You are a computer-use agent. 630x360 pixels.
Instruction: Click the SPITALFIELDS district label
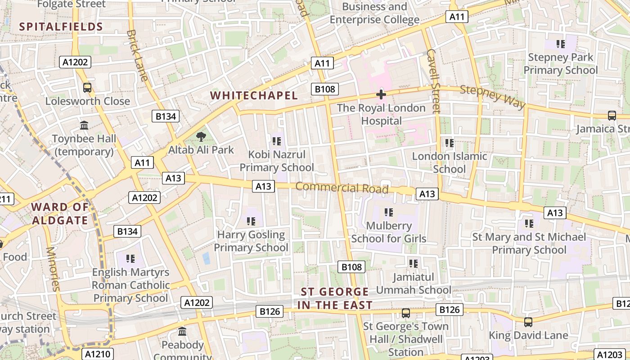[61, 27]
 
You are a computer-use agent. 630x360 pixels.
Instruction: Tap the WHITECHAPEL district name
[254, 95]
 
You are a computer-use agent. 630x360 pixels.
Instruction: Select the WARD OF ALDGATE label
[60, 214]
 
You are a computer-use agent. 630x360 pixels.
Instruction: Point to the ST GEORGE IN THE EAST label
[335, 298]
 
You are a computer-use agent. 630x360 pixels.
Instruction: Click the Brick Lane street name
[137, 55]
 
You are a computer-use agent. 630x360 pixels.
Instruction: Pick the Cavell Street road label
[433, 81]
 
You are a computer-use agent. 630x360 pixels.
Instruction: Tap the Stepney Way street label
[492, 97]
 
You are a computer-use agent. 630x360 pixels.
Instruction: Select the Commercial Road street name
[342, 188]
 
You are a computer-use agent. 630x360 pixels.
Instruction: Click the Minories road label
[53, 269]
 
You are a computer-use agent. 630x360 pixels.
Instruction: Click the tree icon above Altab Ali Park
[201, 136]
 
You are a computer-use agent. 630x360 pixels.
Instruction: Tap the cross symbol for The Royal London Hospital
[381, 94]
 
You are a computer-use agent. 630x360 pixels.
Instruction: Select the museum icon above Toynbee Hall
[84, 125]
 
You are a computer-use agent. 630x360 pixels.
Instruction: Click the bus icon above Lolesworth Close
[87, 88]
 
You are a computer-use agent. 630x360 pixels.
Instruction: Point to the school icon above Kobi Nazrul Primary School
[276, 141]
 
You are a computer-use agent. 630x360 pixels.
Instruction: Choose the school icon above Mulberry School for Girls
[389, 212]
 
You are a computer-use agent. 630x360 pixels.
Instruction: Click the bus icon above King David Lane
[528, 322]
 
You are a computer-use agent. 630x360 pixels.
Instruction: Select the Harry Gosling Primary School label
[251, 241]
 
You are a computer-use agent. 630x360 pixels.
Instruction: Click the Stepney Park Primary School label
[560, 63]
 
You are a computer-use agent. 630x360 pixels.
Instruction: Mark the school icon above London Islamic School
[449, 143]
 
